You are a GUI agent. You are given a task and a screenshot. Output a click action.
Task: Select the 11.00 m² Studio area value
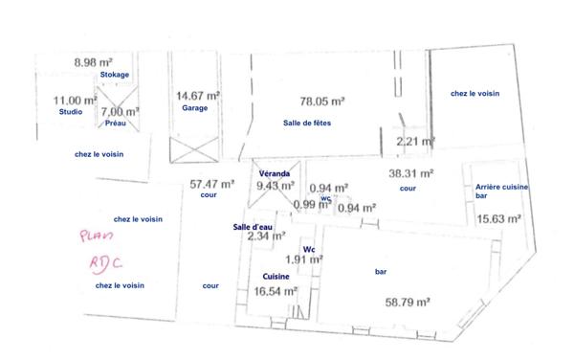point(74,100)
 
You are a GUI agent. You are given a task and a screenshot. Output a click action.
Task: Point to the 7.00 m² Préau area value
point(120,111)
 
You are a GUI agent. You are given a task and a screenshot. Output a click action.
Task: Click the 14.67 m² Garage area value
point(198,96)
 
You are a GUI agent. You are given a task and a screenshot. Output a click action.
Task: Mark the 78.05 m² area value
point(322,100)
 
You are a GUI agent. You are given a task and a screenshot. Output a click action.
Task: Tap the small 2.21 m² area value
point(415,143)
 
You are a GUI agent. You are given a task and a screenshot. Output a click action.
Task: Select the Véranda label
point(275,173)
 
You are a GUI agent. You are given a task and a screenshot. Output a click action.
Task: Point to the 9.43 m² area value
point(275,186)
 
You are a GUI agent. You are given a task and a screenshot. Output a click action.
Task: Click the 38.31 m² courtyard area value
point(412,174)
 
